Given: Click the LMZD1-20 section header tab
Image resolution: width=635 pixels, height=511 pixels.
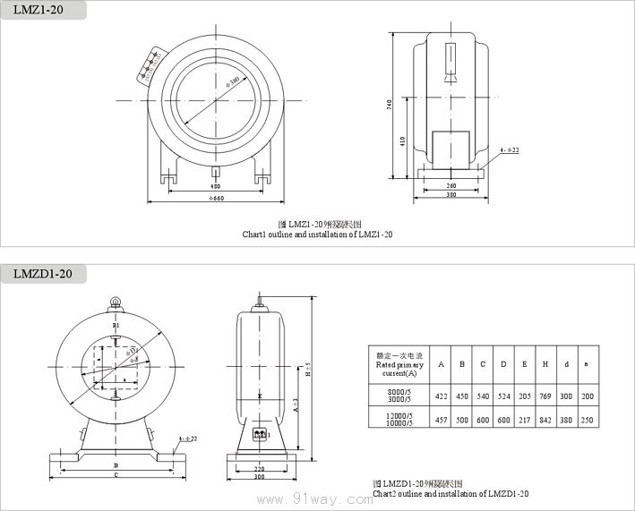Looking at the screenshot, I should (41, 274).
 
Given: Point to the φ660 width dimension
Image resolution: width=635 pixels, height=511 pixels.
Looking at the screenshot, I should (216, 197).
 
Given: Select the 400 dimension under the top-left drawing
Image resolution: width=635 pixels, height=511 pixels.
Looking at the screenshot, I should (215, 185).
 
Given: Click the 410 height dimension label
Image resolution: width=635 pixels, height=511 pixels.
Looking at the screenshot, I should (403, 141).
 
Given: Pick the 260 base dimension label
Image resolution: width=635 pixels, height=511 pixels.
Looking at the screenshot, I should (451, 185).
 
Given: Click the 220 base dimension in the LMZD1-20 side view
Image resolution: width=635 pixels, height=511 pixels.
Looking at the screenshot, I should (258, 468).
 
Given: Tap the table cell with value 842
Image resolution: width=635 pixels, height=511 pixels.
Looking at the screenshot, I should (545, 419).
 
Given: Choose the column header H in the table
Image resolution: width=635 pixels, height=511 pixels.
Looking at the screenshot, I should (545, 364).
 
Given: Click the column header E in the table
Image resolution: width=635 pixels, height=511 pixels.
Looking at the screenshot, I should (524, 364).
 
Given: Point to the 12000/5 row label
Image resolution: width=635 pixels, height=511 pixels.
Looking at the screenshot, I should (399, 414).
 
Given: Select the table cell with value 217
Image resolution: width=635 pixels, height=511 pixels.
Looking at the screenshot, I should (524, 419).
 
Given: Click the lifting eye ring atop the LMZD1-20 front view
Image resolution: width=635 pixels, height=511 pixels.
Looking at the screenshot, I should (116, 302).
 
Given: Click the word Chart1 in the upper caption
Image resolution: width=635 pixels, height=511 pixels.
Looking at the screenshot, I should (255, 234).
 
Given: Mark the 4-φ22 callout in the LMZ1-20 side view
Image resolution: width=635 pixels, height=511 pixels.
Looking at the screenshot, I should (511, 150).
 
